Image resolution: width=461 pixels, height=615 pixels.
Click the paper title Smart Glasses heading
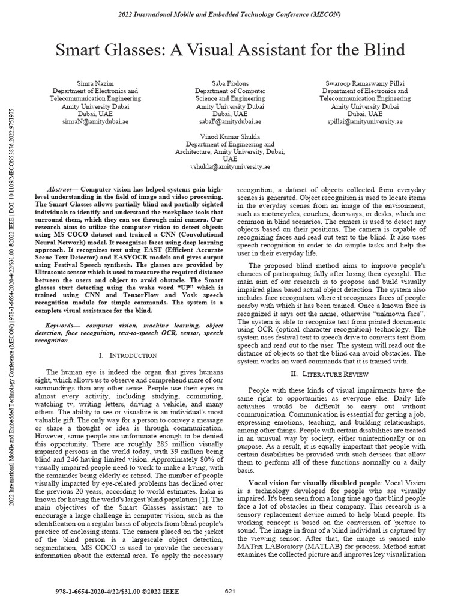point(230,50)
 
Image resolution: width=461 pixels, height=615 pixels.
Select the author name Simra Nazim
point(95,83)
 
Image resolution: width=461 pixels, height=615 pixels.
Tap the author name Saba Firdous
point(230,83)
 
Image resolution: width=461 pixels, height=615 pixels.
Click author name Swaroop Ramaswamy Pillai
point(365,83)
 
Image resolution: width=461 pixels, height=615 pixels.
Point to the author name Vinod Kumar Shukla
point(230,137)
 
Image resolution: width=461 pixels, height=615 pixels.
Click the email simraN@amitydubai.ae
point(95,121)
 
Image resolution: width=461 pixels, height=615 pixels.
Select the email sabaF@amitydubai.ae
point(230,121)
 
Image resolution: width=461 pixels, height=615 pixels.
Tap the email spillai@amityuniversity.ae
point(365,121)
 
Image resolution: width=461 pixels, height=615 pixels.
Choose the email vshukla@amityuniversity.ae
point(230,167)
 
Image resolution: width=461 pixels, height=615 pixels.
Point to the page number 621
point(230,592)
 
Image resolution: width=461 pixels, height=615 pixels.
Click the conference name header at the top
point(230,13)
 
